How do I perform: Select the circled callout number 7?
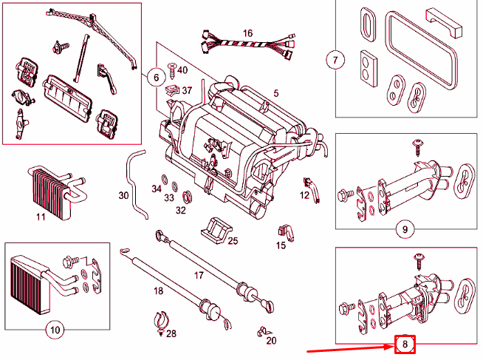pyautogui.click(x=336, y=60)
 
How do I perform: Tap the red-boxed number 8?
pyautogui.click(x=405, y=344)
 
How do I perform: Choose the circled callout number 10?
pyautogui.click(x=53, y=330)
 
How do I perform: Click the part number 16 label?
pyautogui.click(x=247, y=33)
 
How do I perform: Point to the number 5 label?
pyautogui.click(x=275, y=93)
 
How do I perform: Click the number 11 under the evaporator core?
pyautogui.click(x=41, y=217)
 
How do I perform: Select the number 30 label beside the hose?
pyautogui.click(x=123, y=196)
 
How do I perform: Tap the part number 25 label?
pyautogui.click(x=233, y=241)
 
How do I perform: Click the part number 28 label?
pyautogui.click(x=171, y=334)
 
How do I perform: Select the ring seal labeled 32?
pyautogui.click(x=188, y=196)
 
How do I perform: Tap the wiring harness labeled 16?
pyautogui.click(x=247, y=47)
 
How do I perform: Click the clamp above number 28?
pyautogui.click(x=162, y=319)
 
